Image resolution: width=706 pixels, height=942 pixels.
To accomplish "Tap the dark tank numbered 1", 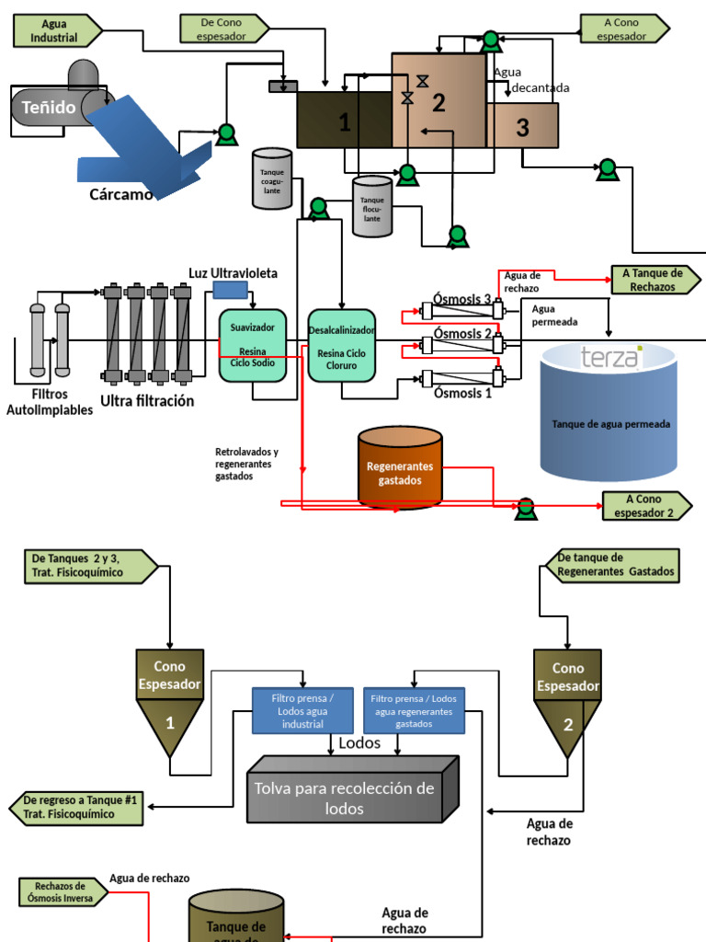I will pyautogui.click(x=344, y=120).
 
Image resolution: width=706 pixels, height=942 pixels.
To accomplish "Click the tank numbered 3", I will pyautogui.click(x=522, y=126).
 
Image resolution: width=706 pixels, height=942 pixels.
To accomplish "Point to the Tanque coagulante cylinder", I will pyautogui.click(x=271, y=178).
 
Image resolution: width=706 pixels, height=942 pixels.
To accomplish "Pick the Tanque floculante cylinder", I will pyautogui.click(x=371, y=206).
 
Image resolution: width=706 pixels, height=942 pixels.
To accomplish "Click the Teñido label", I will pyautogui.click(x=50, y=108).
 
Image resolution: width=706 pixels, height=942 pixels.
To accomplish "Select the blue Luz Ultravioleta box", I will pyautogui.click(x=230, y=290).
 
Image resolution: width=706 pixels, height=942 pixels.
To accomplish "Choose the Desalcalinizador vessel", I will pyautogui.click(x=341, y=346).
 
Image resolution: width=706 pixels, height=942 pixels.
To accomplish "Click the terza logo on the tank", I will pyautogui.click(x=609, y=357).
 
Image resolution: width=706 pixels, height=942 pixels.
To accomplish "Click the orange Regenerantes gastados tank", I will pyautogui.click(x=399, y=467).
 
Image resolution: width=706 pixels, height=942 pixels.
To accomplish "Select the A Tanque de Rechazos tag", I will pyautogui.click(x=653, y=280).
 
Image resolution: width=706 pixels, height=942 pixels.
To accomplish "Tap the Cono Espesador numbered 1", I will pyautogui.click(x=170, y=699).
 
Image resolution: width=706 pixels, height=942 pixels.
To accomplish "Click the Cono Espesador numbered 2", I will pyautogui.click(x=567, y=699).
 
